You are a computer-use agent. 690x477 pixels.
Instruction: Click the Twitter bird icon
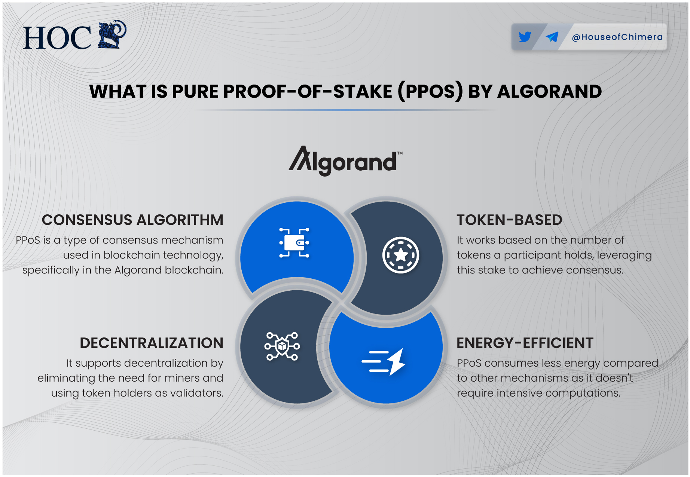click(525, 37)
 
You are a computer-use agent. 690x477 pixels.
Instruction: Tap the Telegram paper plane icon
click(552, 37)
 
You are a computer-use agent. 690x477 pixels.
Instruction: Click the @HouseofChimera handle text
click(617, 37)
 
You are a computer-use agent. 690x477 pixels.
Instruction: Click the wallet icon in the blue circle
click(294, 243)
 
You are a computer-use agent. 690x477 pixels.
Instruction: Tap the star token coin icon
click(400, 255)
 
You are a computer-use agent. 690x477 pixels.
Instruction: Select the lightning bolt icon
click(396, 362)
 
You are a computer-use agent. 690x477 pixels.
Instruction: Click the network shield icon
click(282, 346)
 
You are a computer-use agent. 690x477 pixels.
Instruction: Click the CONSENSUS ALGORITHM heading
click(132, 220)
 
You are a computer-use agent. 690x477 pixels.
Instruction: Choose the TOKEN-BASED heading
click(509, 220)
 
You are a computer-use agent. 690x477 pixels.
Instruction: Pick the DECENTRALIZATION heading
click(152, 343)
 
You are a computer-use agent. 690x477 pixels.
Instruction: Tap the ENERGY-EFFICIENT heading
click(525, 343)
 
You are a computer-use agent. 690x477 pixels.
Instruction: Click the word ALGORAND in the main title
click(549, 92)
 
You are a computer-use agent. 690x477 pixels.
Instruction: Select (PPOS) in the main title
click(430, 92)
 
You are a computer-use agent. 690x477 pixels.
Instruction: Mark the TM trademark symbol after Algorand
click(400, 153)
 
